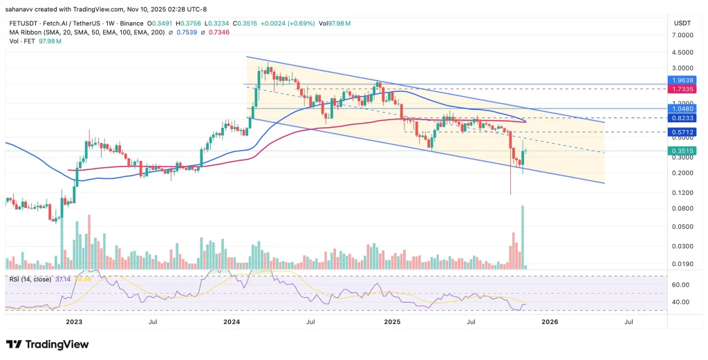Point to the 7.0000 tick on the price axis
682,35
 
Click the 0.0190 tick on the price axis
682,263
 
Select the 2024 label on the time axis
232,321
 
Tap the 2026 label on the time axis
550,321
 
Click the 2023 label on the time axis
74,321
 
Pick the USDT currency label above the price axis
682,23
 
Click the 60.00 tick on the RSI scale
681,284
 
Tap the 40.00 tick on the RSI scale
681,302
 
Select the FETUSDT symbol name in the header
23,23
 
